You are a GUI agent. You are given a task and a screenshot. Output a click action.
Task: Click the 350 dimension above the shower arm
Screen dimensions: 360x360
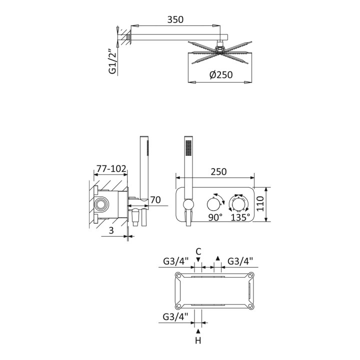point(175,19)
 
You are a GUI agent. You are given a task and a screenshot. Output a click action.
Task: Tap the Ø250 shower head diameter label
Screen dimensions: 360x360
point(221,74)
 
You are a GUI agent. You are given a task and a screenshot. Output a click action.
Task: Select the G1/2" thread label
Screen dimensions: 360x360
point(112,61)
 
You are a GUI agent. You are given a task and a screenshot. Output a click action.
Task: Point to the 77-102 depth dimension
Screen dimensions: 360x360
point(111,169)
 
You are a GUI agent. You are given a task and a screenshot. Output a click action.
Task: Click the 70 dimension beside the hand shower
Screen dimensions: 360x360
point(155,199)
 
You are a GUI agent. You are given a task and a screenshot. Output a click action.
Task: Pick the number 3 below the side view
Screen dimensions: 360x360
point(111,230)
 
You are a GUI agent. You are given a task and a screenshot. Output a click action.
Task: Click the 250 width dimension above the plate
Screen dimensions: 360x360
point(218,171)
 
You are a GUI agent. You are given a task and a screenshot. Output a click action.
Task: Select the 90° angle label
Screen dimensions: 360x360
point(215,217)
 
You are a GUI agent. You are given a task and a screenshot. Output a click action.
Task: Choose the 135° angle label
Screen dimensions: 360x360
point(240,217)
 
